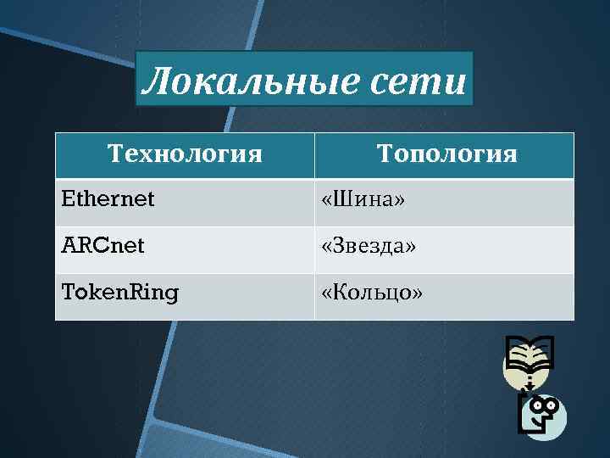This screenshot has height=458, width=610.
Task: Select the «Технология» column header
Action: [185, 154]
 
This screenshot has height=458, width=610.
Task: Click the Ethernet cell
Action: [108, 200]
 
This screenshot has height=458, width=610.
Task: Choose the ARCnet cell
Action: [103, 247]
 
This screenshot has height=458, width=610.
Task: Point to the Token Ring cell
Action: [120, 293]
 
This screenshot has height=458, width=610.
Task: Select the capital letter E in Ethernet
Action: [68, 200]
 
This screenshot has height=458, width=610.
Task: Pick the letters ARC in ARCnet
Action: [81, 247]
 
